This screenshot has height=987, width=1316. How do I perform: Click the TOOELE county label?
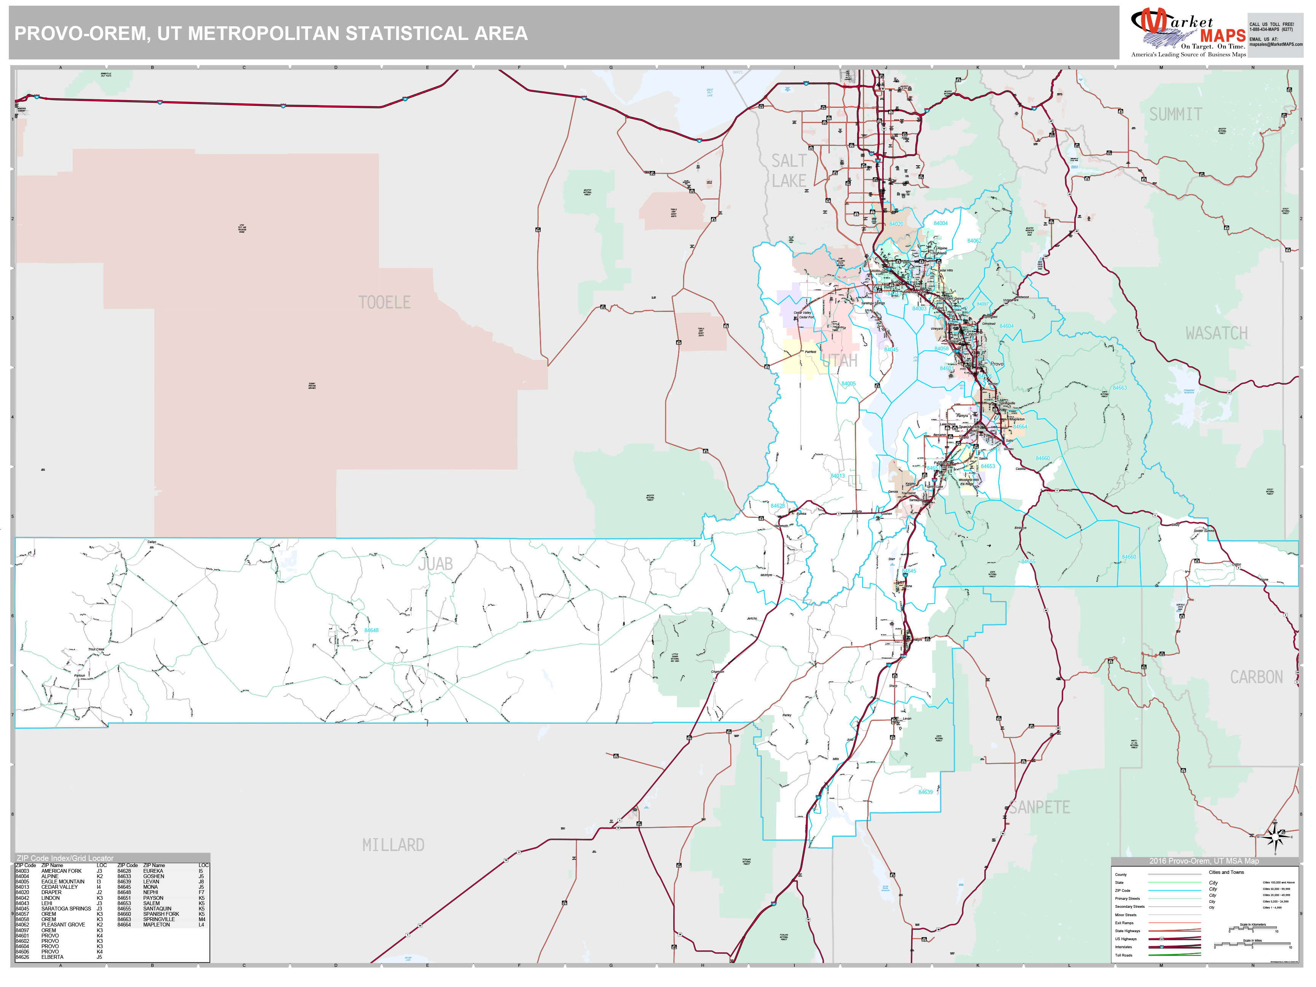tap(384, 303)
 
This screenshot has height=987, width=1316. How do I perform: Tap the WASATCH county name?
tap(1216, 334)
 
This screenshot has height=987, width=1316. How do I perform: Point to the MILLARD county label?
tap(393, 845)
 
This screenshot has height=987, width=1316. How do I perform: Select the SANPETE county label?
tap(1039, 807)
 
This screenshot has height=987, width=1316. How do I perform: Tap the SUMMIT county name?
tap(1175, 114)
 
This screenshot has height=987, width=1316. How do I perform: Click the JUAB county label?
tap(435, 564)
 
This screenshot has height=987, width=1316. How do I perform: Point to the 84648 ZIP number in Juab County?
tap(371, 630)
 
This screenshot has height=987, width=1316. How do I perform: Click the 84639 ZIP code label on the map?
tap(925, 792)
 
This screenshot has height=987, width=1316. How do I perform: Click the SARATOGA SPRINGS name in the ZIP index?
tap(66, 909)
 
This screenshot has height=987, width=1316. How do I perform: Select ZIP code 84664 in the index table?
tap(124, 925)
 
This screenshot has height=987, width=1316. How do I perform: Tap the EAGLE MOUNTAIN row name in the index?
tap(62, 882)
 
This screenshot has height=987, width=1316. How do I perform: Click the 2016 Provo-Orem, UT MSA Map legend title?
tap(1204, 861)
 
